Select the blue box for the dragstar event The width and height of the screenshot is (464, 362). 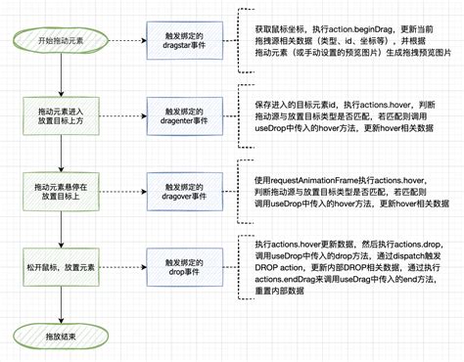(x=181, y=41)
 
